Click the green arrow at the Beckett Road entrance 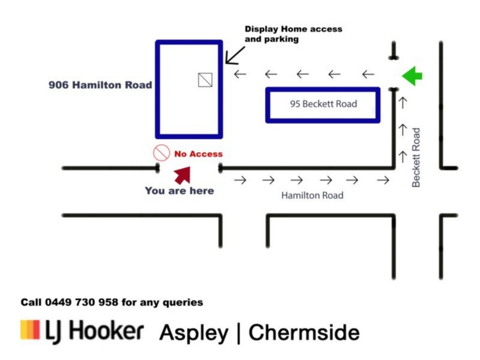412,76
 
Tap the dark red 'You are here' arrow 182,175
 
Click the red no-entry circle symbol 161,153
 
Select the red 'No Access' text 198,154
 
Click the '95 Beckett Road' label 323,104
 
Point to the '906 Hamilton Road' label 100,85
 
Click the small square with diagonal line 206,79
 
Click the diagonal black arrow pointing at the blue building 235,55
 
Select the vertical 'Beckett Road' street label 416,157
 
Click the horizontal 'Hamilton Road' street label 312,196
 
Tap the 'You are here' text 179,191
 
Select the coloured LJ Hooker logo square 30,331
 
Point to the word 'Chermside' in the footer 304,332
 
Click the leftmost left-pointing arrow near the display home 240,74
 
